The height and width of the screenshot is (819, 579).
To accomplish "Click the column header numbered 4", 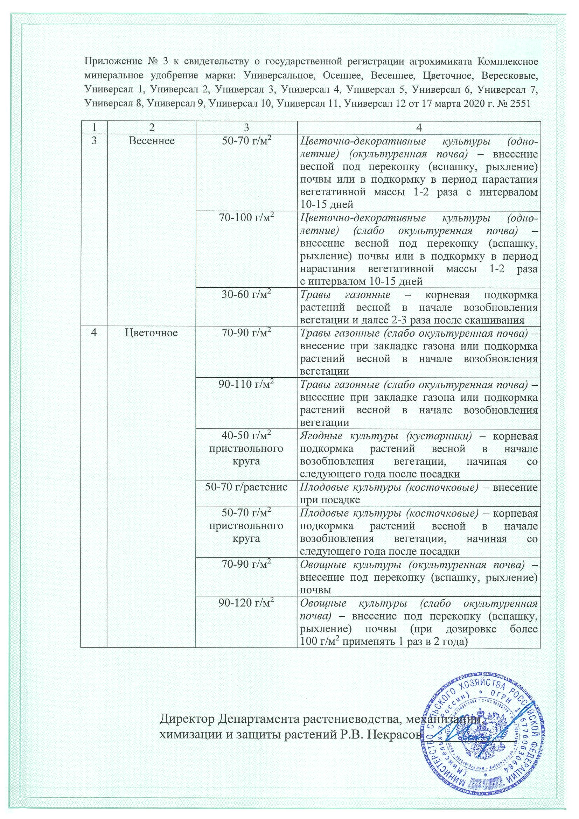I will tap(419, 127).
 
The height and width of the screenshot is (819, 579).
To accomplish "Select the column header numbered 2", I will tap(152, 127).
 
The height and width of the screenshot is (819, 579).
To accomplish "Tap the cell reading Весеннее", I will tap(152, 141).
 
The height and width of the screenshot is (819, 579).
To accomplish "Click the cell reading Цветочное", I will tap(152, 333).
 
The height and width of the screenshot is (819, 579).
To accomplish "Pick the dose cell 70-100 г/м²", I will tap(246, 218).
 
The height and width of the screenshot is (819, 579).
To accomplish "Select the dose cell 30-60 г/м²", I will tap(246, 295).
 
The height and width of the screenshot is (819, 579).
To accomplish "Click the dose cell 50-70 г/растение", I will tap(246, 487).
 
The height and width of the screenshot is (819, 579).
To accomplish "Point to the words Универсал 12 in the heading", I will tap(378, 104).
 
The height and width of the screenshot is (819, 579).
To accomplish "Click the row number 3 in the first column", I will tap(94, 141).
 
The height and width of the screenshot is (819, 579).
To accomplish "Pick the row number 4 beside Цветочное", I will tap(94, 333).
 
